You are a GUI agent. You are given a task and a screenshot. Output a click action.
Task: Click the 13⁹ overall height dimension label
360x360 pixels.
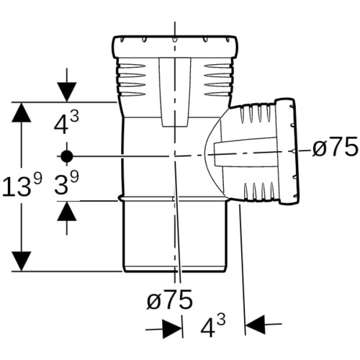click(x=22, y=185)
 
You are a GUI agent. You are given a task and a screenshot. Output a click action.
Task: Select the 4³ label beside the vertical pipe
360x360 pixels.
click(x=66, y=124)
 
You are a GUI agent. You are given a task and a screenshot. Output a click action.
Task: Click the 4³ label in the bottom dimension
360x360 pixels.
click(x=213, y=326)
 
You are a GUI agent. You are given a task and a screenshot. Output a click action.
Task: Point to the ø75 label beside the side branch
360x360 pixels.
click(x=335, y=147)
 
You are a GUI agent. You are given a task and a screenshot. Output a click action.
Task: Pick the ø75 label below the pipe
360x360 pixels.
click(x=170, y=299)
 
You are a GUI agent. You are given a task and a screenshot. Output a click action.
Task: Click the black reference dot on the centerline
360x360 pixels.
click(x=67, y=156)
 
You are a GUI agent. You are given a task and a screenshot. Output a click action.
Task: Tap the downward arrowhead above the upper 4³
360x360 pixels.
click(x=67, y=92)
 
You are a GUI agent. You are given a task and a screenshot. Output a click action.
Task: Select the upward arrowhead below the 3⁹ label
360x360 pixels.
click(x=67, y=211)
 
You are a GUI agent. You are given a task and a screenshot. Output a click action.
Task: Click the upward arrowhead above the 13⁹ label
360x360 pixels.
click(x=22, y=112)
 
